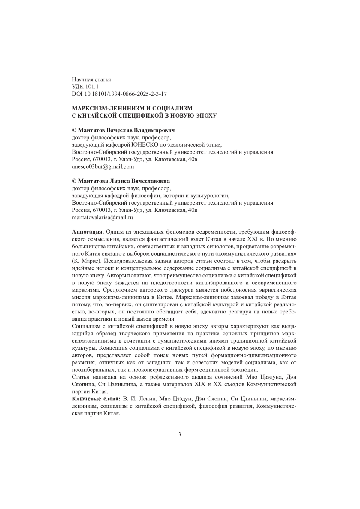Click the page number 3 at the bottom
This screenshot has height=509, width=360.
point(179,434)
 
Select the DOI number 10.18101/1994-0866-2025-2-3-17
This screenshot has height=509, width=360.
point(126,94)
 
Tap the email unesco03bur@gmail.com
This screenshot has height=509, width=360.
point(103,166)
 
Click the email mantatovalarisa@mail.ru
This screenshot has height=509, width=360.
point(103,217)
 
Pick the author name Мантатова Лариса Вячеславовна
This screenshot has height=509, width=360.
point(124,181)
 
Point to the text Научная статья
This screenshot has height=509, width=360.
point(91,79)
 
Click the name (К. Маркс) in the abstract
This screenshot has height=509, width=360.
point(87,261)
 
